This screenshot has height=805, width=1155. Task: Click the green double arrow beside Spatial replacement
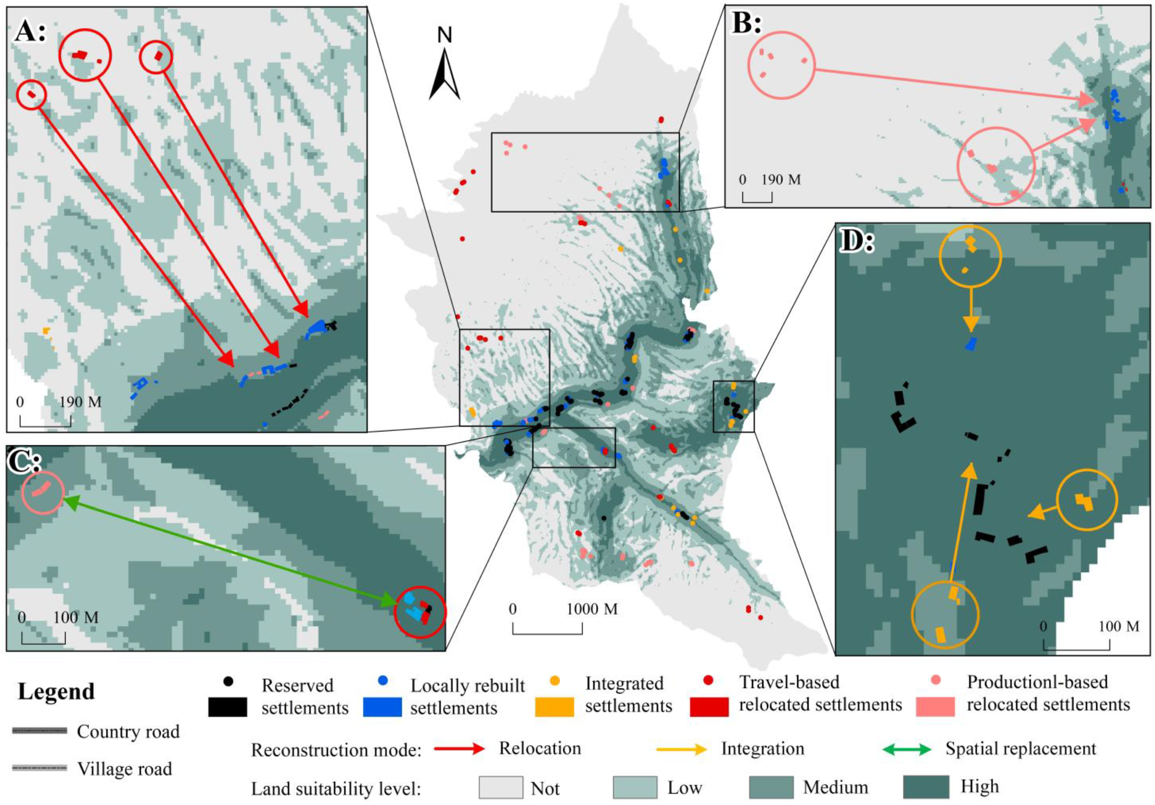point(907,750)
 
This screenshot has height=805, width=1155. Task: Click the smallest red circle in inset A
point(31,94)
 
